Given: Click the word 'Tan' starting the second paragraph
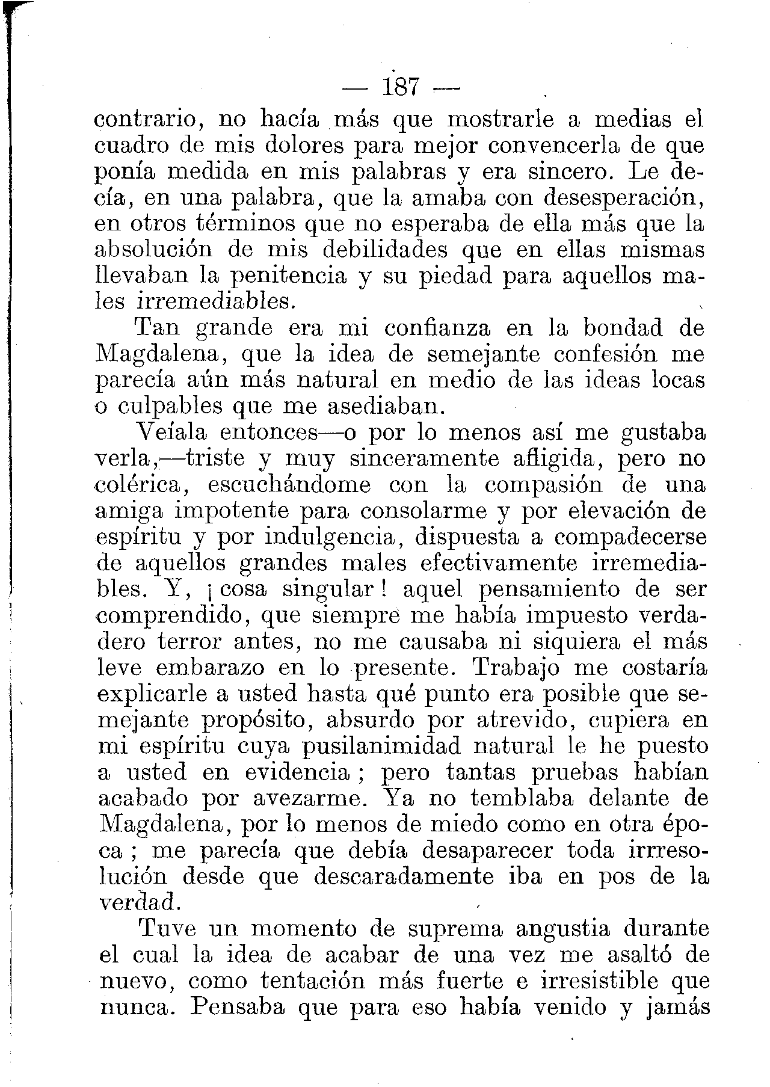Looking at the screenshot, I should tap(159, 328).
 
